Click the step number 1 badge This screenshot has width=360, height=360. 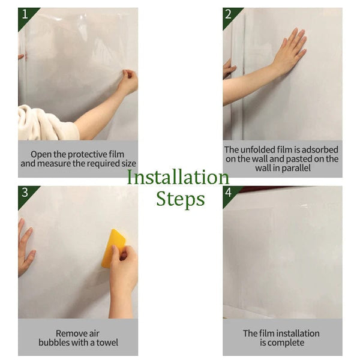(24, 14)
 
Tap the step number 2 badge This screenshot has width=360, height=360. (229, 14)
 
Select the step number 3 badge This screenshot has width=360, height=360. (24, 193)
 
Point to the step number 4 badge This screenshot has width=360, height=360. (229, 193)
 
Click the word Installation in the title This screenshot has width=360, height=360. (178, 178)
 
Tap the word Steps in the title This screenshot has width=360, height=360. (180, 199)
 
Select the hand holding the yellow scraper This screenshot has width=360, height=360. (124, 270)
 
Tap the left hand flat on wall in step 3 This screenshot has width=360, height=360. (26, 246)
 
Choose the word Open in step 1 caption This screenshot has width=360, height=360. (41, 154)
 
